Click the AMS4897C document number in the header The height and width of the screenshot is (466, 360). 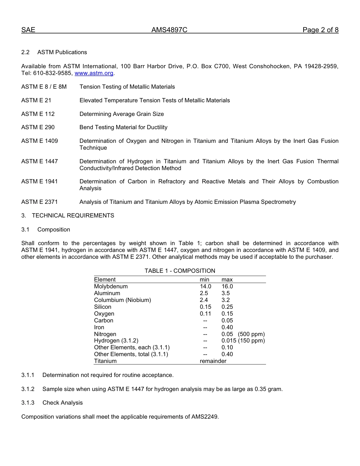click(x=169, y=30)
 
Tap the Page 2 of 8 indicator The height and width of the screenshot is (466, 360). click(x=320, y=30)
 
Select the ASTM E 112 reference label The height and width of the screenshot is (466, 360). click(x=38, y=114)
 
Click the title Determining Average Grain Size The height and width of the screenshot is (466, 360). click(x=122, y=114)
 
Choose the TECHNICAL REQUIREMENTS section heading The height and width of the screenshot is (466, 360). click(x=73, y=216)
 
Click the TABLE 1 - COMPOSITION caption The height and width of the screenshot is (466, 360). click(x=180, y=271)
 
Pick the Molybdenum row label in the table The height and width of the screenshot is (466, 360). click(x=111, y=286)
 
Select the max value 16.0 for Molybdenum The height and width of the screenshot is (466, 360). click(x=227, y=286)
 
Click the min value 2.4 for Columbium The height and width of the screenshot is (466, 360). click(x=204, y=300)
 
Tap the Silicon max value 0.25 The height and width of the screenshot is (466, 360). click(x=227, y=307)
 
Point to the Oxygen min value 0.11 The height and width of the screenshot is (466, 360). click(x=205, y=314)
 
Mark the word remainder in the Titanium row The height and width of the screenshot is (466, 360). click(x=213, y=361)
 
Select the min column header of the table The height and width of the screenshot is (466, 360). click(x=205, y=280)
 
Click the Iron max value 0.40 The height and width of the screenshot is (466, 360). click(x=227, y=327)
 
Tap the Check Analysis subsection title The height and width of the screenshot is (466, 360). click(x=63, y=403)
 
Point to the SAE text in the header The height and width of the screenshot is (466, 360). click(x=28, y=30)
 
